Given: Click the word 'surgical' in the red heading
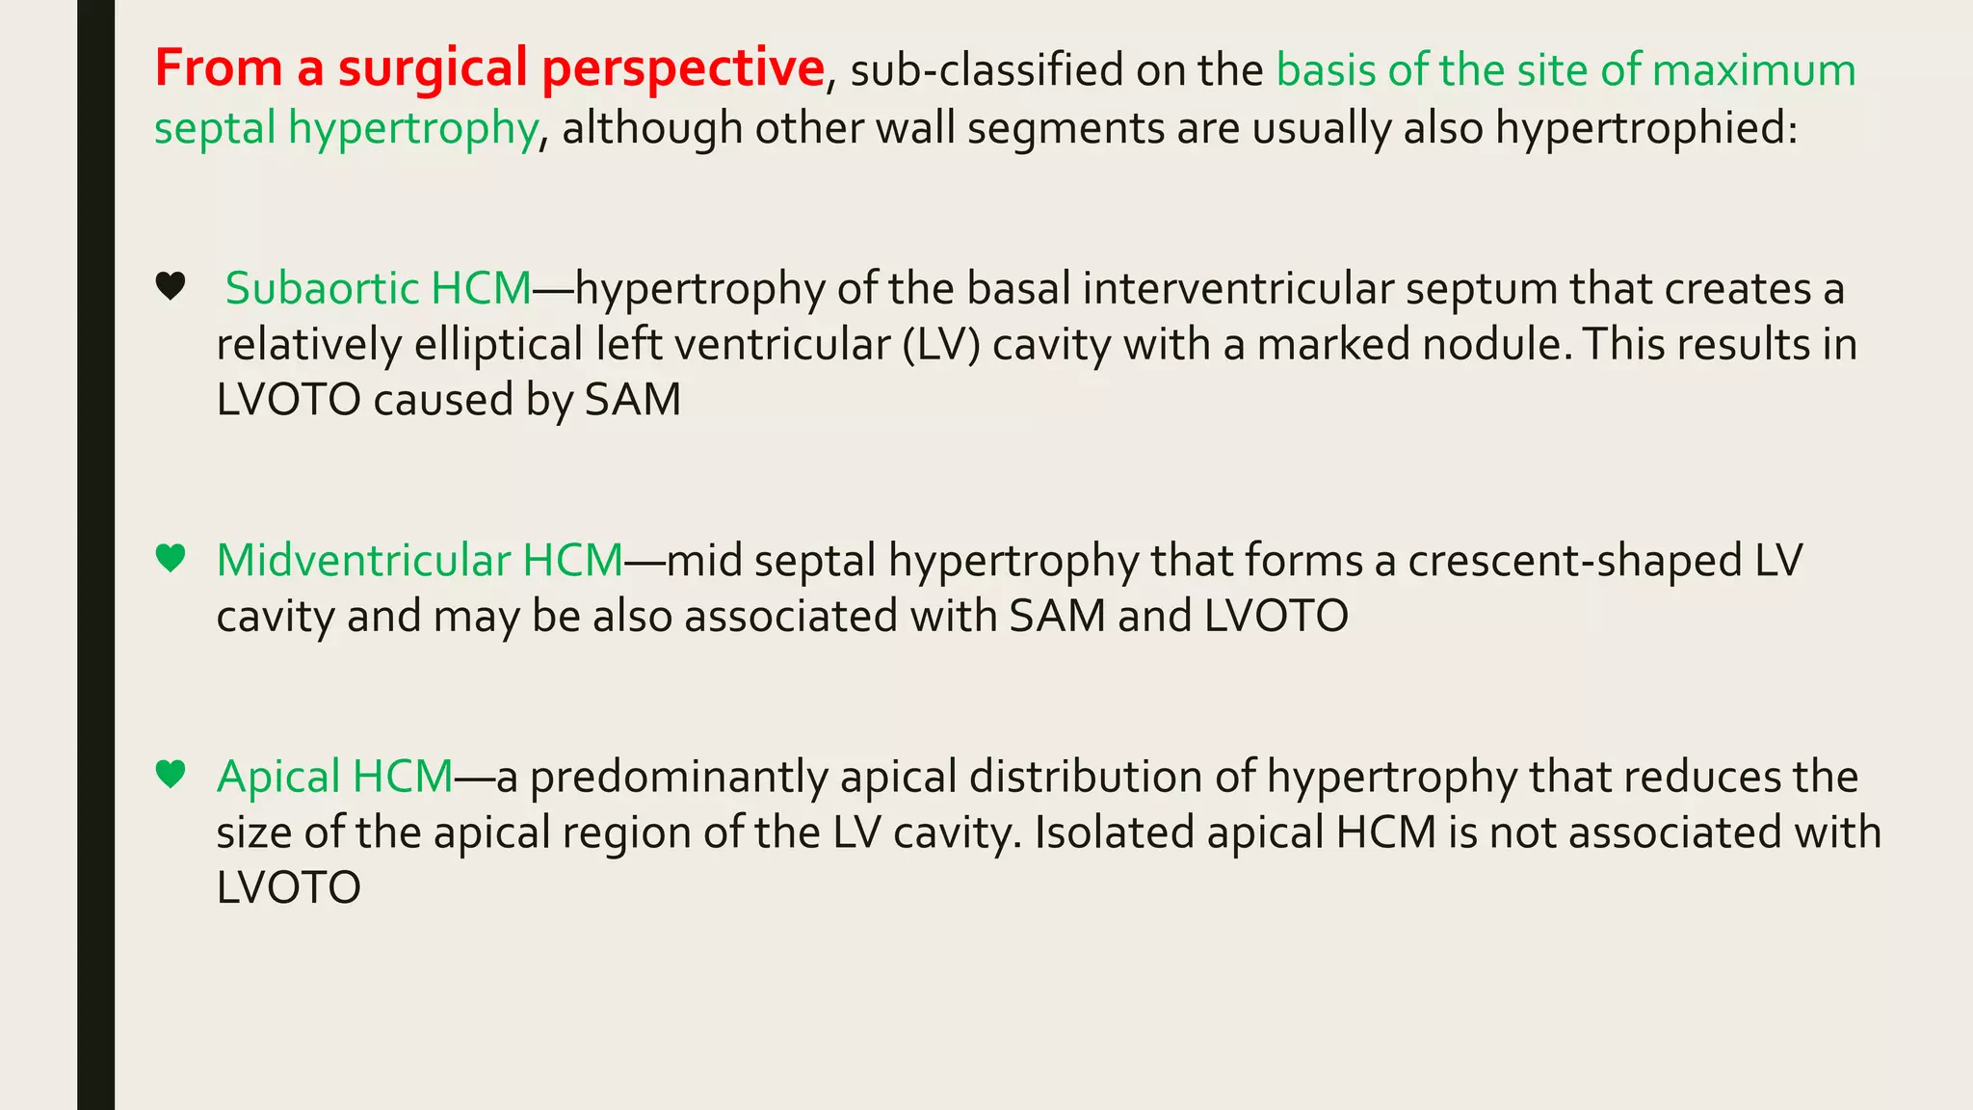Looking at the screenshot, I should point(434,69).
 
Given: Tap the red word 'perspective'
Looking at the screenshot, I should point(682,69).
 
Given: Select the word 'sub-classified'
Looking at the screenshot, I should point(986,71).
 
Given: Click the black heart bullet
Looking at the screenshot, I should point(171,286).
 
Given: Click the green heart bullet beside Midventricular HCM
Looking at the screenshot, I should point(171,558).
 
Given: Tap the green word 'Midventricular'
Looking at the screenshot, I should point(363,561).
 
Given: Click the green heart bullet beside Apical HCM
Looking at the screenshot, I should point(171,774).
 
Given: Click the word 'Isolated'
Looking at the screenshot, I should point(1114,833).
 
